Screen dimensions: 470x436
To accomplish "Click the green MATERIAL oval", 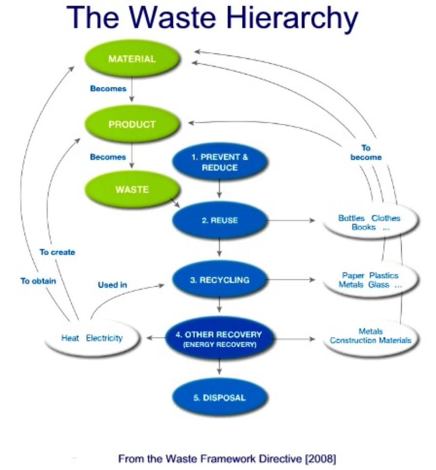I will [x=132, y=59].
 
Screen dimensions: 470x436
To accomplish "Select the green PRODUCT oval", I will [x=132, y=124].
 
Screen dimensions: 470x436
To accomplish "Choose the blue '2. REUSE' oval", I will [x=220, y=221].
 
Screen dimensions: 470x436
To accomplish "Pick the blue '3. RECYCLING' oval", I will [x=220, y=280].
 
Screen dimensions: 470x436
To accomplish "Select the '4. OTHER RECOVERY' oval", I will [x=220, y=339].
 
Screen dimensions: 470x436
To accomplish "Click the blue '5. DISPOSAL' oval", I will [x=220, y=398].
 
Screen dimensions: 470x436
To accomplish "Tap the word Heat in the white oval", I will [x=70, y=339].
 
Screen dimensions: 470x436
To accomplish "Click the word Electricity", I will [x=105, y=339].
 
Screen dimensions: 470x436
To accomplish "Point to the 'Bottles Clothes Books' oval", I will [x=369, y=222].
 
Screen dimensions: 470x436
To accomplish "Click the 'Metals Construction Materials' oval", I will [x=370, y=336].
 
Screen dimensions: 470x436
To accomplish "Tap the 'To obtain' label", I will [x=38, y=281].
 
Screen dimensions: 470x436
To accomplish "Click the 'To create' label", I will [x=57, y=252].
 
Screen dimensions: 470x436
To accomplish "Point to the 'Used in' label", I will [x=112, y=285].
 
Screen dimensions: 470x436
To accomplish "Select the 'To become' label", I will [x=366, y=153].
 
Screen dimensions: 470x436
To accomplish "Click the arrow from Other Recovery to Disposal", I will [x=220, y=366].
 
